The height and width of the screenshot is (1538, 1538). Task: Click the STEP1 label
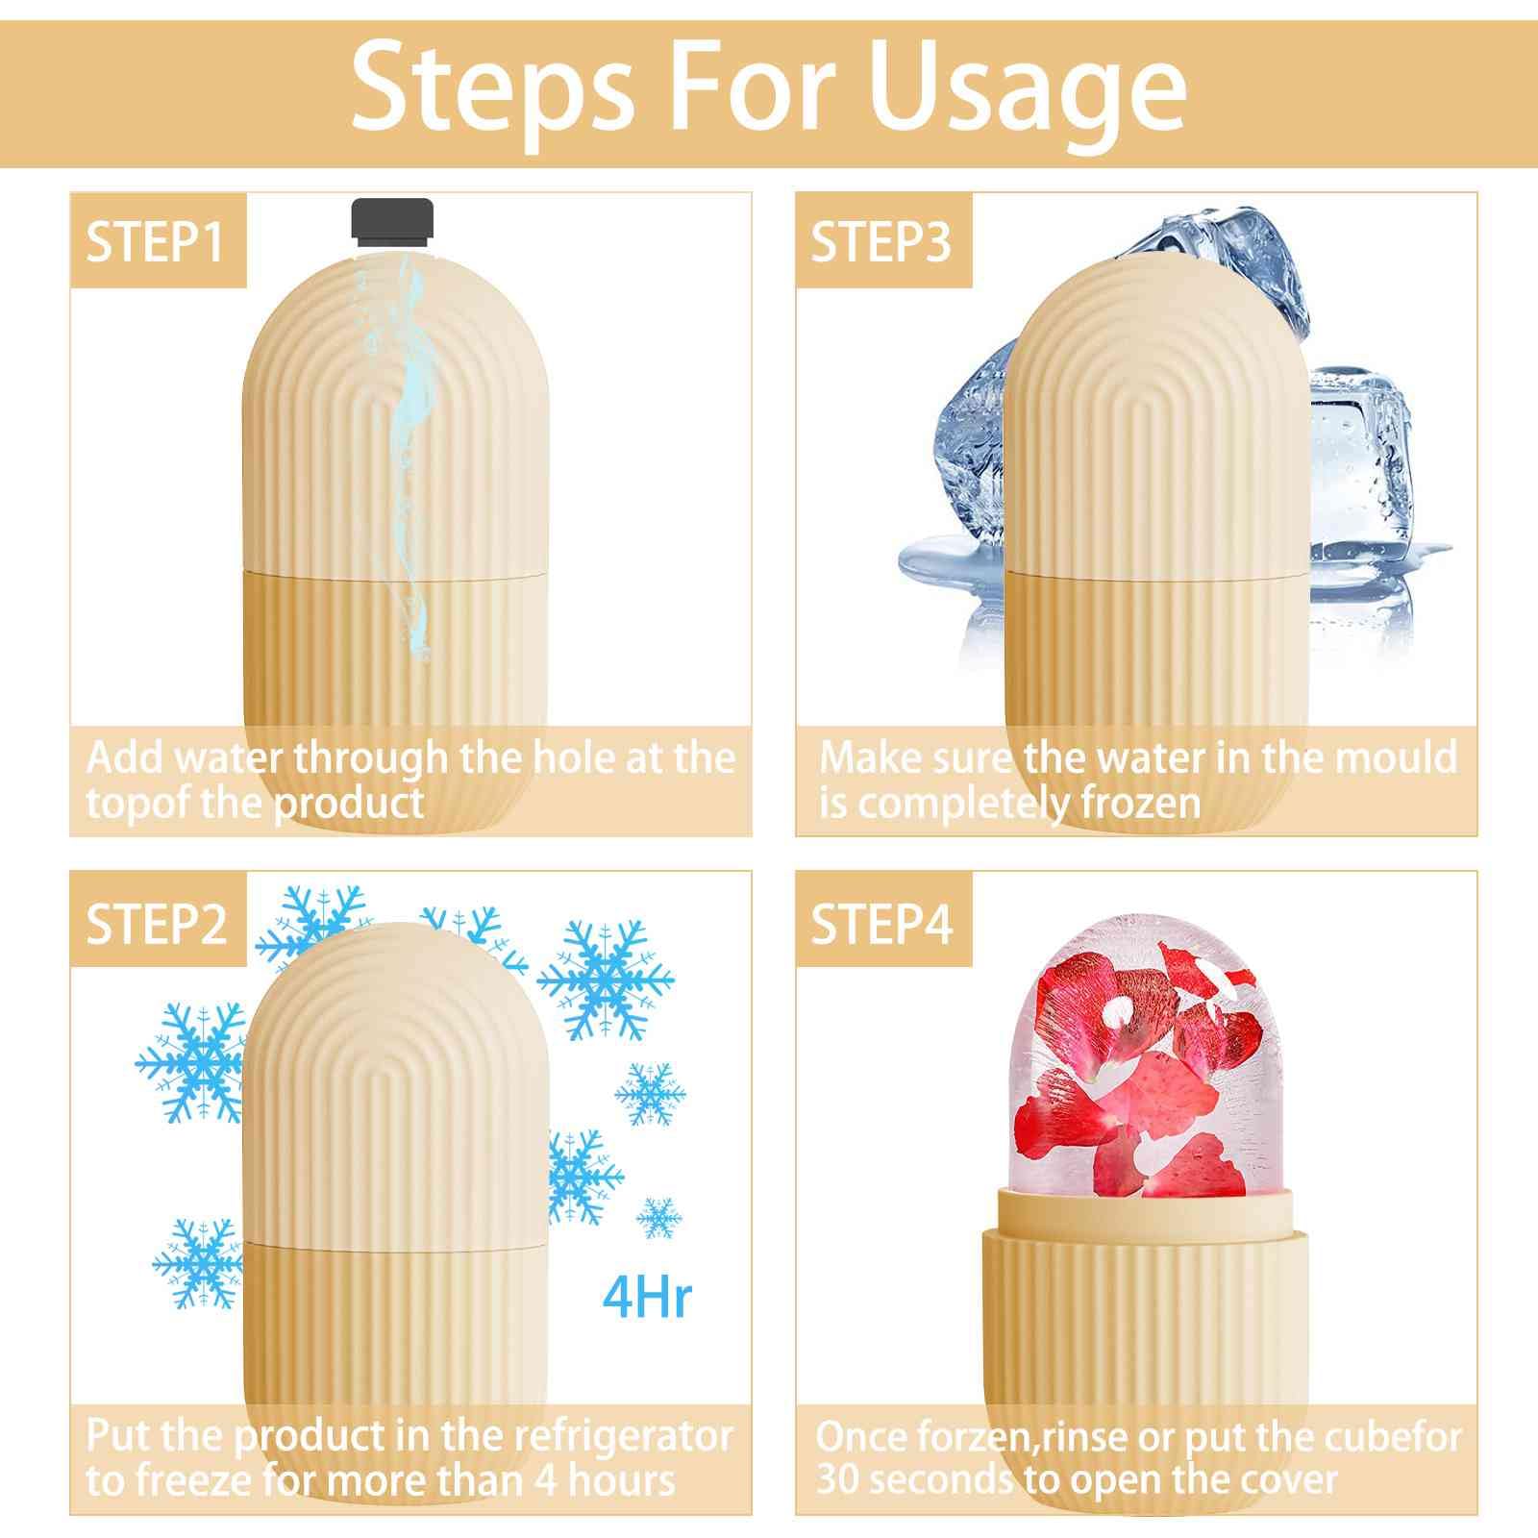tap(156, 240)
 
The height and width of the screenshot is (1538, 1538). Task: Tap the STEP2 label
tap(157, 923)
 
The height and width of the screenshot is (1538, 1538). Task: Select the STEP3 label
tap(881, 240)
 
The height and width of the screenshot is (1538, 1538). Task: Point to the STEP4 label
tap(882, 923)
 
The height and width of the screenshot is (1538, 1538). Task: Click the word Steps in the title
tap(491, 88)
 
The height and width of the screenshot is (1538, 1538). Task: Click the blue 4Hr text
tap(647, 1297)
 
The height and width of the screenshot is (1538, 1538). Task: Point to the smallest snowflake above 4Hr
tap(659, 1218)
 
